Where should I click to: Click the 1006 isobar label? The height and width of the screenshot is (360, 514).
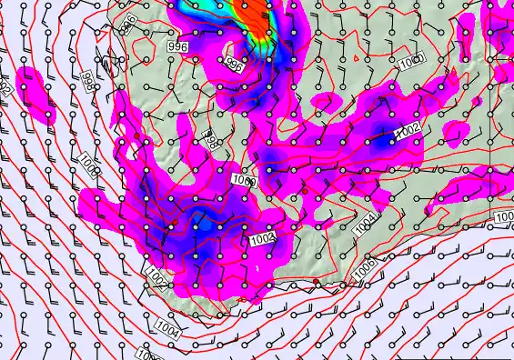pyautogui.click(x=364, y=266)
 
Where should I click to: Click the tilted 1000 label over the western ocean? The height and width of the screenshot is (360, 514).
pyautogui.click(x=88, y=165)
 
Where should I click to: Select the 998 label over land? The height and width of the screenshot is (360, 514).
pyautogui.click(x=208, y=140)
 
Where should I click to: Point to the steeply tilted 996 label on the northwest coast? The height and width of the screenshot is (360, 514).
pyautogui.click(x=129, y=23)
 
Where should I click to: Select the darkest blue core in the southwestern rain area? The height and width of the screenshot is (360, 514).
pyautogui.click(x=206, y=224)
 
